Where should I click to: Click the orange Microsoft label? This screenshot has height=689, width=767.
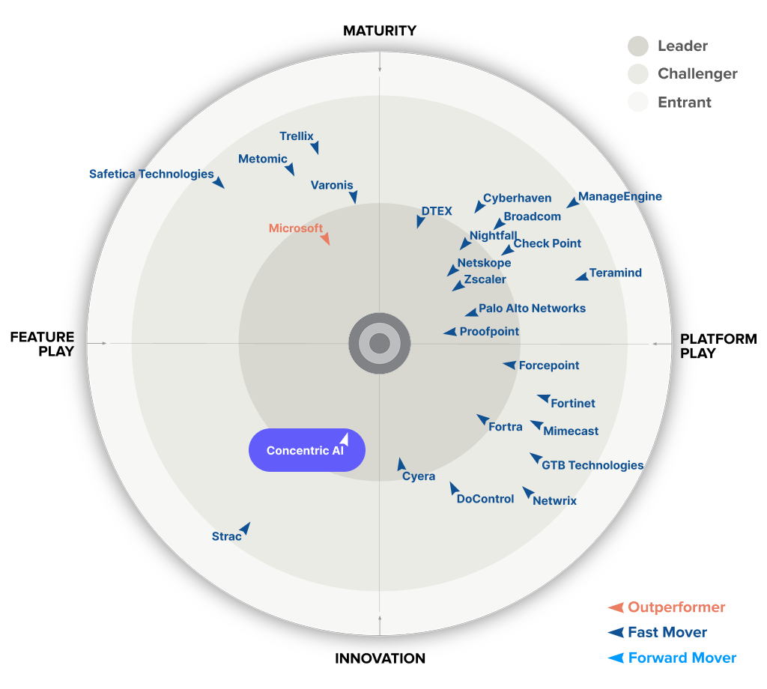point(296,228)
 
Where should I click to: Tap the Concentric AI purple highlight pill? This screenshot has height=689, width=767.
point(306,450)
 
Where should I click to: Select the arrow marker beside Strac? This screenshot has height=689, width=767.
point(244,529)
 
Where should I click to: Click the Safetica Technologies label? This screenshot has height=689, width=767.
point(151,174)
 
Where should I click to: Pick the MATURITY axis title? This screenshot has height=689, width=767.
point(380,31)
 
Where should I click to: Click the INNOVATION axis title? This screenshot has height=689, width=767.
point(380,659)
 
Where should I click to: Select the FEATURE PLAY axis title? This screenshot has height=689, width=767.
point(42,344)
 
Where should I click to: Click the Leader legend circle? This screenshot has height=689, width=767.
point(638,46)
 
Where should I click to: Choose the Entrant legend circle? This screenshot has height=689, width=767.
point(638,102)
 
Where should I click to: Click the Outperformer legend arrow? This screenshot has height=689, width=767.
point(616,607)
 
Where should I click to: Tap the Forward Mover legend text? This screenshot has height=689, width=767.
point(682,658)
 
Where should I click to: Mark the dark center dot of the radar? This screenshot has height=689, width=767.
point(380,344)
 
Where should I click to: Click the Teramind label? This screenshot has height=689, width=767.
point(616,273)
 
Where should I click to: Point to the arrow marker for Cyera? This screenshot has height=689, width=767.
point(401,464)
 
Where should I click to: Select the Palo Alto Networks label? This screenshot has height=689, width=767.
point(532,308)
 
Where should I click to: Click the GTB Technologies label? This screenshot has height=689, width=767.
point(592,465)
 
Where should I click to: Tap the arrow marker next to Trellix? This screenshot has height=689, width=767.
point(316,148)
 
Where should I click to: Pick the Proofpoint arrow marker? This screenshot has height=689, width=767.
point(449,332)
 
